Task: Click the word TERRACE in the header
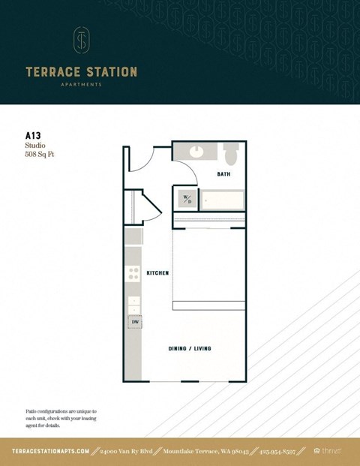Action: click(x=50, y=72)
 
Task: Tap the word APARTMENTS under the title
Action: click(x=81, y=85)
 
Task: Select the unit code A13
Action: click(x=33, y=137)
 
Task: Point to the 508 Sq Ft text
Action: click(x=40, y=155)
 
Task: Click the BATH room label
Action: click(x=223, y=174)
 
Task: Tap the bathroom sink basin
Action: click(x=196, y=151)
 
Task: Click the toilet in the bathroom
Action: click(x=231, y=154)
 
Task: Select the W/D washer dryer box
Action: click(x=187, y=200)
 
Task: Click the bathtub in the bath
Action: click(x=221, y=200)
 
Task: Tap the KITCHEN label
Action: click(x=157, y=273)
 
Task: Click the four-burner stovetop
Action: click(x=133, y=275)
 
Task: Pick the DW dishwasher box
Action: click(x=135, y=322)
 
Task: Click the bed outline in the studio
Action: click(x=209, y=266)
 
